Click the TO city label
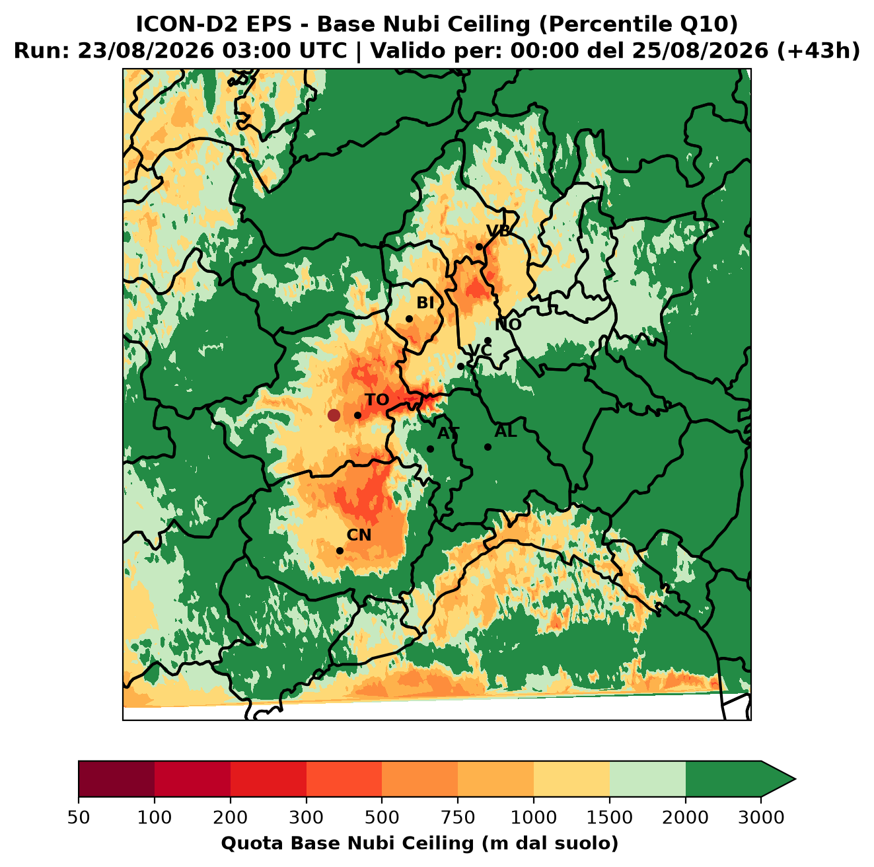377,400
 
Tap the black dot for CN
340,550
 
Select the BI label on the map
425,303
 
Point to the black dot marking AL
488,447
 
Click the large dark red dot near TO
334,415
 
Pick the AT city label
448,433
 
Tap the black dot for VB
480,246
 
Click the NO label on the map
508,324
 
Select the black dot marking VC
460,366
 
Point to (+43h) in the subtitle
819,51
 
